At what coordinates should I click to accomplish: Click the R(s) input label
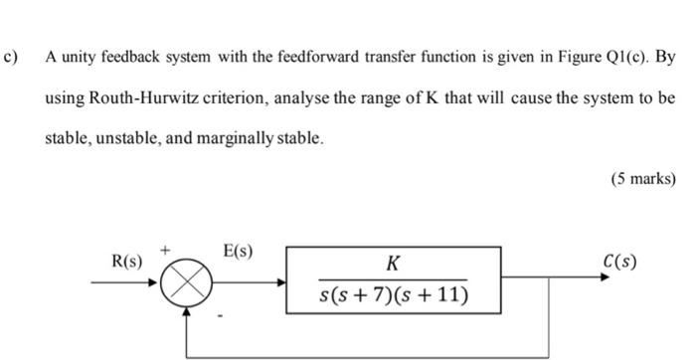[126, 263]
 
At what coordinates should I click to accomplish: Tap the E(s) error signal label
[238, 252]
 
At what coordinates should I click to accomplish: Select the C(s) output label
[619, 263]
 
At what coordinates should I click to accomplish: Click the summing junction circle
[183, 282]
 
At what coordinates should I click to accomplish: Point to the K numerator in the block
[394, 264]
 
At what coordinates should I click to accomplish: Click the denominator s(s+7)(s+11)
[394, 295]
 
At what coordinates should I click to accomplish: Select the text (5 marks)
[643, 179]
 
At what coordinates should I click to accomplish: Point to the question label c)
[12, 58]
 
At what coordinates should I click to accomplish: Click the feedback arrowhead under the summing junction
[183, 312]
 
